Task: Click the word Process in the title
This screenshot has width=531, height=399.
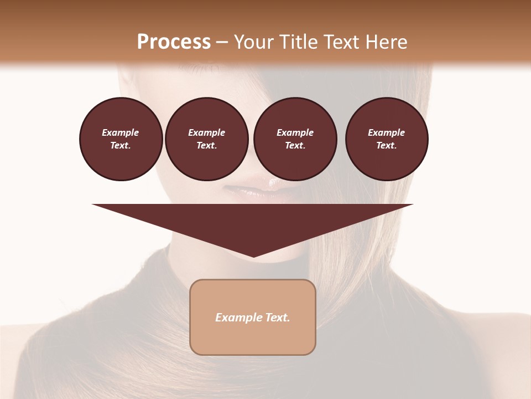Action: (x=174, y=42)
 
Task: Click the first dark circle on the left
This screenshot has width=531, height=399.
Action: (x=121, y=139)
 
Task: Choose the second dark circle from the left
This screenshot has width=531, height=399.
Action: (x=206, y=139)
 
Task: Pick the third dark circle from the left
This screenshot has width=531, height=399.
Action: (x=295, y=139)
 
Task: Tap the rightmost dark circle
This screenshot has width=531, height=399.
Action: (x=387, y=139)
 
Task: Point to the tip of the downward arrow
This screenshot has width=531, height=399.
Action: (x=253, y=256)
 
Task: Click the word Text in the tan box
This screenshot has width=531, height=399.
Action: (x=278, y=318)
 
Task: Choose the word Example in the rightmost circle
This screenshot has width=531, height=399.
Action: (x=387, y=132)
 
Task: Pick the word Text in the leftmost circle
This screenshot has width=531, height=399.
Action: (x=121, y=146)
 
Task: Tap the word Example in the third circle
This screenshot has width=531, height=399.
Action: (x=295, y=132)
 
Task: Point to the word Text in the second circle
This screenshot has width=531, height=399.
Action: (x=206, y=146)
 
